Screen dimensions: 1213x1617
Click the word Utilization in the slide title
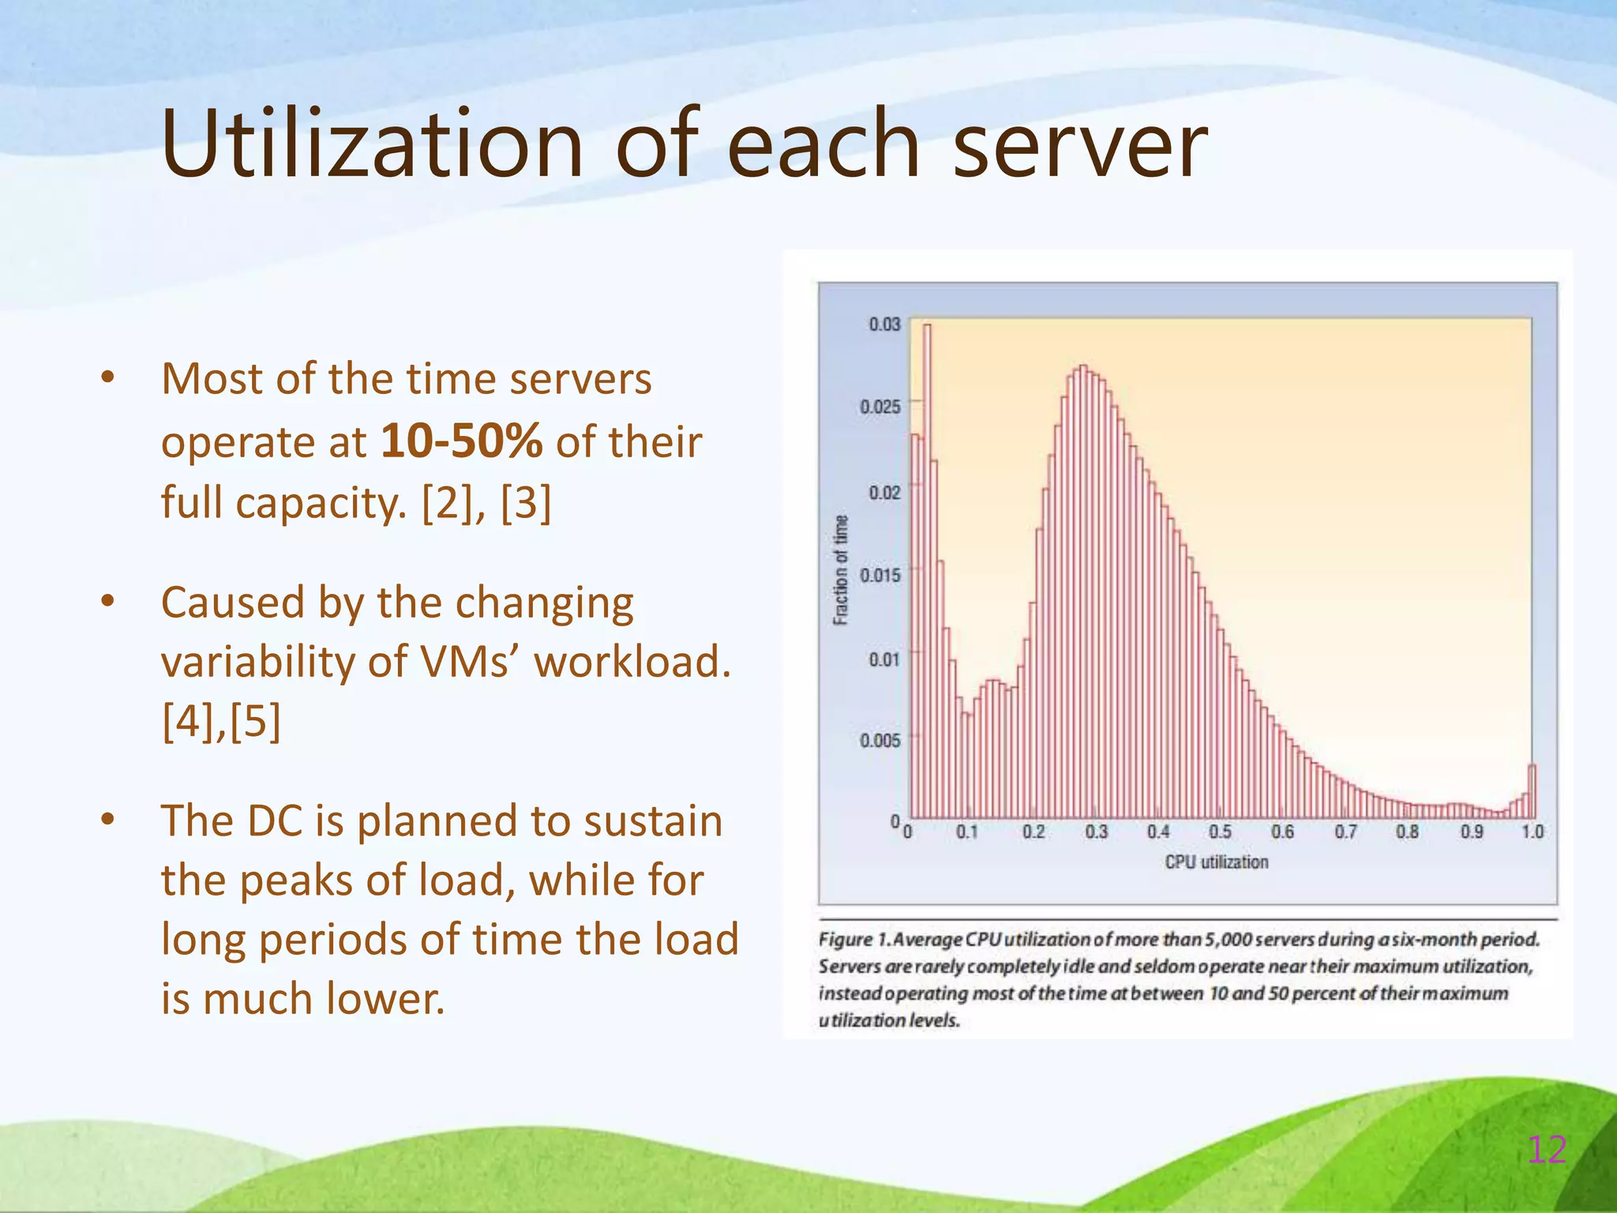[372, 145]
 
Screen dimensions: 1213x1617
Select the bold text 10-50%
[461, 441]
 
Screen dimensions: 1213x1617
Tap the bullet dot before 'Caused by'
[108, 603]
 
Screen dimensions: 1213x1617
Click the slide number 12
[1547, 1150]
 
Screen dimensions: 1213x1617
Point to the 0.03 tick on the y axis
[884, 325]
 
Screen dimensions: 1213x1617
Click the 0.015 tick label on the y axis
[880, 575]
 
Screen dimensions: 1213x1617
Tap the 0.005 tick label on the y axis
[880, 741]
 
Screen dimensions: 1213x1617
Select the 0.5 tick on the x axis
[1220, 832]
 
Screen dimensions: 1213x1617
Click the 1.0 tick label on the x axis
[1533, 832]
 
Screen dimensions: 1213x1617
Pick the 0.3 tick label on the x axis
[1096, 832]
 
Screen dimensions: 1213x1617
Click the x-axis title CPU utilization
[1217, 862]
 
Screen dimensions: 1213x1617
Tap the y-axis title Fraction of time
[841, 569]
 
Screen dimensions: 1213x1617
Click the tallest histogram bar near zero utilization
[927, 569]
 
